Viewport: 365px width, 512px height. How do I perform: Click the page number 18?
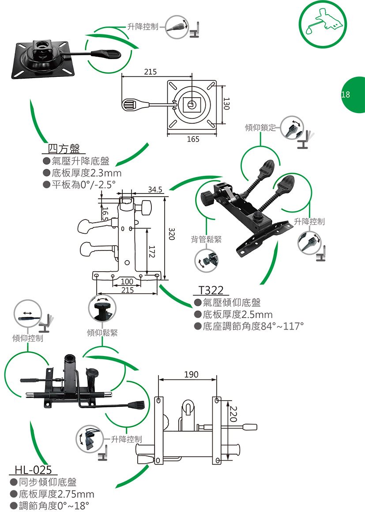tap(345, 95)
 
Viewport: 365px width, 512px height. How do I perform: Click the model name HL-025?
tap(34, 470)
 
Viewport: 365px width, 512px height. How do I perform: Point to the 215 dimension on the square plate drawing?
tap(150, 72)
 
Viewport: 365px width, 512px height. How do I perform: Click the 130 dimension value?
tap(227, 105)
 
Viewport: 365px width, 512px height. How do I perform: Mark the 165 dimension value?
tap(193, 139)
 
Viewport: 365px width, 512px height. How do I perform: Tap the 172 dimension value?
tap(151, 253)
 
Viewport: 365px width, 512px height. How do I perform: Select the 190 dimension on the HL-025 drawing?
tap(191, 375)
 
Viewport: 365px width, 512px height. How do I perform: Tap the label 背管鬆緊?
tap(207, 239)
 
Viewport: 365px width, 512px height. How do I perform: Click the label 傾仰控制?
tap(28, 338)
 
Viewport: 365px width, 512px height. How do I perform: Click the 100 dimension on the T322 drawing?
tap(127, 282)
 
